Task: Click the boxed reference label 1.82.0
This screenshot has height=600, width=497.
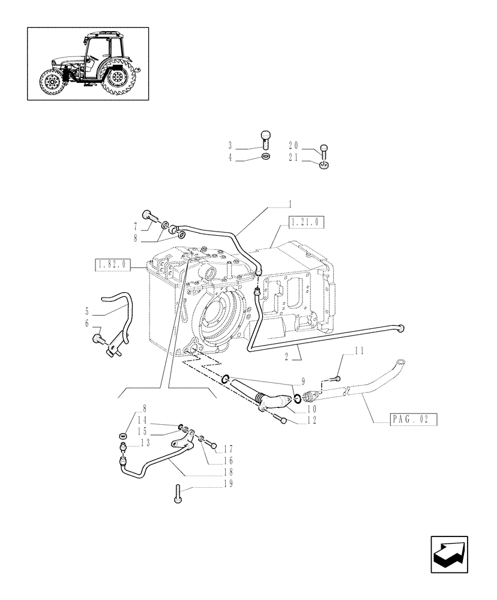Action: (113, 264)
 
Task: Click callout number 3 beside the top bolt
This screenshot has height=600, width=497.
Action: (230, 146)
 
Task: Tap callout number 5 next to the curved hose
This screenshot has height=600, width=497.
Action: (88, 311)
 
